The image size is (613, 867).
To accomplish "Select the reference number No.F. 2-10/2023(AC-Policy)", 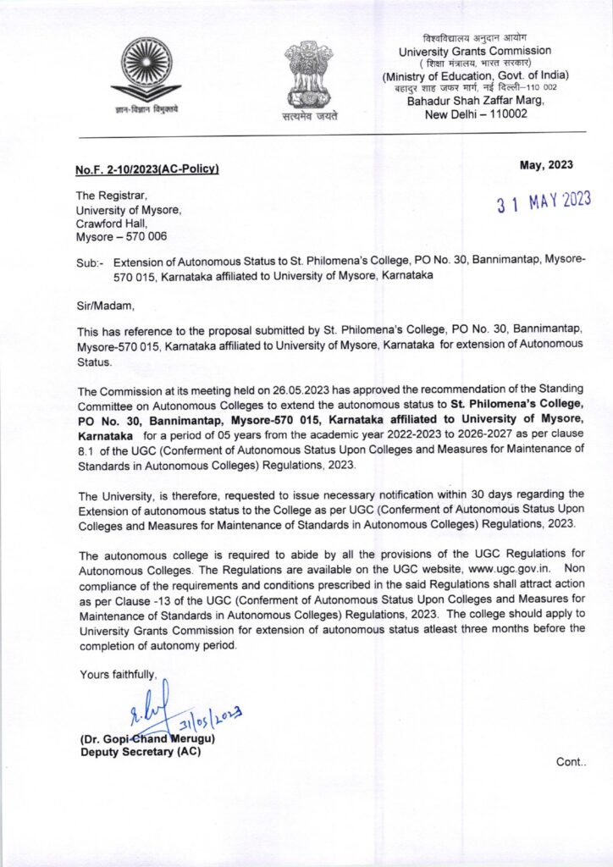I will (x=147, y=170).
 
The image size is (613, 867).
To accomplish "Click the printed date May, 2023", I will (x=546, y=165).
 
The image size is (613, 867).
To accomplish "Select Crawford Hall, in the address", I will (x=112, y=224).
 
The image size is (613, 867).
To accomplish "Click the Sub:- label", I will (x=89, y=263).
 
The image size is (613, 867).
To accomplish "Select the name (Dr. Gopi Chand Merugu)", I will (x=147, y=739).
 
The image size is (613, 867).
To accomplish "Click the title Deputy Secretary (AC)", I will (x=140, y=753).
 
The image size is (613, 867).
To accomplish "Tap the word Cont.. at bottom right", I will (x=571, y=762).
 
